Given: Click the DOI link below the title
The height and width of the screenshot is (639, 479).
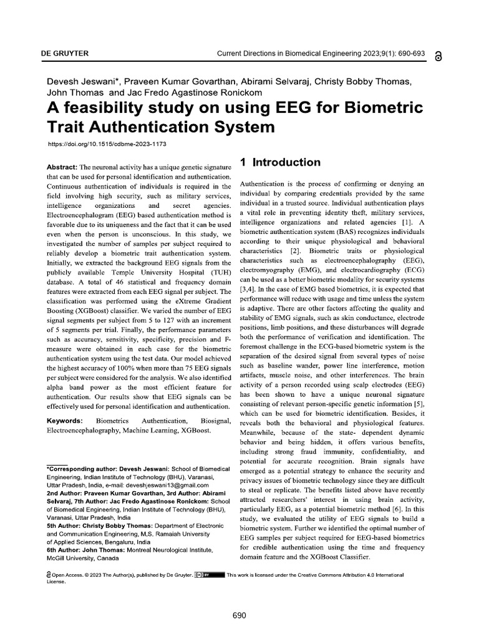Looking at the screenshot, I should tap(107, 144).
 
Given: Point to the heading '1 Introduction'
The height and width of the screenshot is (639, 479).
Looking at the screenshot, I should tap(281, 162).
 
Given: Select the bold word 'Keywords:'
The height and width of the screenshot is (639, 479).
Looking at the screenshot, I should tap(66, 421).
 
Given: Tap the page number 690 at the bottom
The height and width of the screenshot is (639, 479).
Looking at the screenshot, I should tap(239, 615).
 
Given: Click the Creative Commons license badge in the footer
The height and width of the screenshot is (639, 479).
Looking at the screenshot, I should tap(209, 575).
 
